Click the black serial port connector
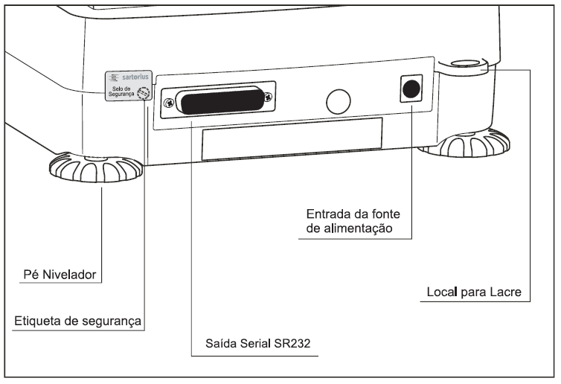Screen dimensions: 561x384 [222, 101]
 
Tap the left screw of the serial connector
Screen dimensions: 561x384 [169, 103]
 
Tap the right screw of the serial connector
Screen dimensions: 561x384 [268, 96]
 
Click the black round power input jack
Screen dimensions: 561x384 [411, 89]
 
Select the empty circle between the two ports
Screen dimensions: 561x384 [338, 102]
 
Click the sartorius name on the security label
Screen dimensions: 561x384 [135, 77]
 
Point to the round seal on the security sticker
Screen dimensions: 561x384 [144, 93]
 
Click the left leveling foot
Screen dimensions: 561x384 [95, 167]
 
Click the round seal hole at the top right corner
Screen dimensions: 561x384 [465, 63]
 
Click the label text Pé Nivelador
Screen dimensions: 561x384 [60, 275]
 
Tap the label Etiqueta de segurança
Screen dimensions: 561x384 [77, 321]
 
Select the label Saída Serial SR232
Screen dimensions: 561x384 [258, 343]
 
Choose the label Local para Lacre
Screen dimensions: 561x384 [474, 292]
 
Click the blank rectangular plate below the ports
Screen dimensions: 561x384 [292, 139]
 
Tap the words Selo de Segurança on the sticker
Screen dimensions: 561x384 [121, 92]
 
